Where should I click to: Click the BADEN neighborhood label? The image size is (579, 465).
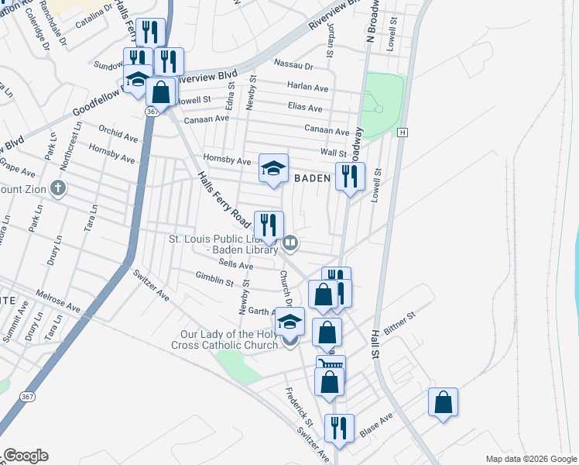313,178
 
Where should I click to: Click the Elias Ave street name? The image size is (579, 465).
304,108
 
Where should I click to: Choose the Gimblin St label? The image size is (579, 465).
214,279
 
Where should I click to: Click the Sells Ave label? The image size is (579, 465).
236,265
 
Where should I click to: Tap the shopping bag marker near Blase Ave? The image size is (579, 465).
443,402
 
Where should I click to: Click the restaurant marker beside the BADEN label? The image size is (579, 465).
350,177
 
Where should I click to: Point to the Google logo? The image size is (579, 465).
26,456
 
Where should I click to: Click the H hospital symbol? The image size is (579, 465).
402,133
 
